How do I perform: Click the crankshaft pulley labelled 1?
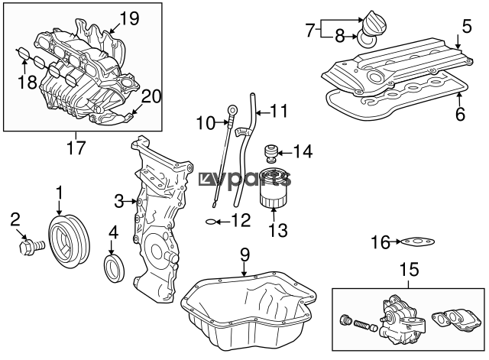(x=69, y=241)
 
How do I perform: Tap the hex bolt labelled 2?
(x=31, y=247)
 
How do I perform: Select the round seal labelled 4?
(x=114, y=268)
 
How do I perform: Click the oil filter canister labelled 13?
(x=274, y=188)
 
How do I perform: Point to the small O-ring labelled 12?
(x=211, y=222)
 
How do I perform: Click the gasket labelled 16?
(x=417, y=242)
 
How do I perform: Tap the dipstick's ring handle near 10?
(x=232, y=109)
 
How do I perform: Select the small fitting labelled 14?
(x=270, y=153)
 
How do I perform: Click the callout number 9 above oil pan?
(x=245, y=255)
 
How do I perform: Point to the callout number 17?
(x=76, y=148)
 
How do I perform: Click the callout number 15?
(x=410, y=269)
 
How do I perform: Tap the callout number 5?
(x=467, y=27)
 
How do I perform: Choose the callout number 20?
(x=151, y=96)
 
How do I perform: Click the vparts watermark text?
(x=245, y=180)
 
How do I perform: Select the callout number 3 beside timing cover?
(x=119, y=201)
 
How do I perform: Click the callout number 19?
(x=129, y=18)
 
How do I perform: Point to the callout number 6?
(x=460, y=113)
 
